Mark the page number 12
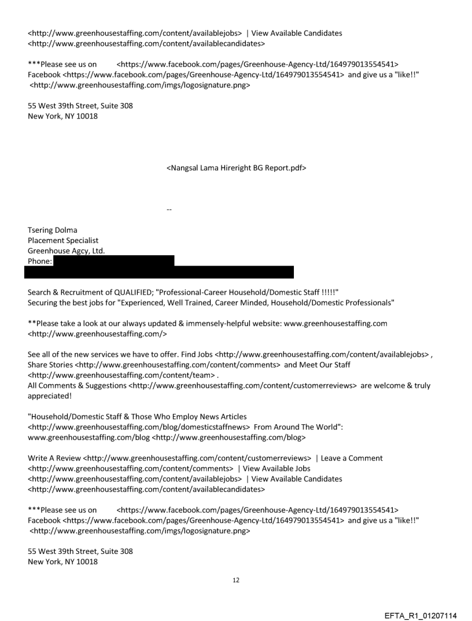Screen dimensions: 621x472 click(x=236, y=579)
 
